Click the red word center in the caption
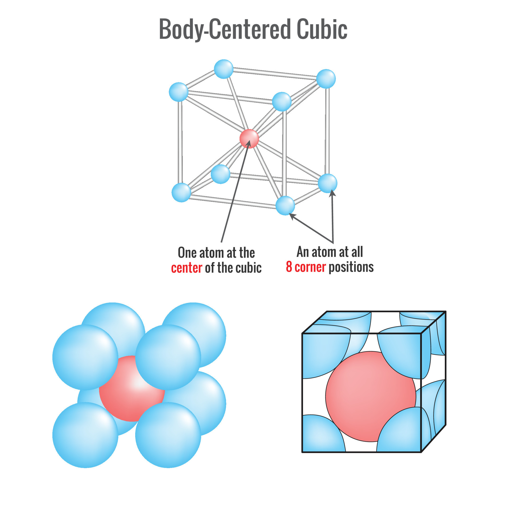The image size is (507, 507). click(187, 268)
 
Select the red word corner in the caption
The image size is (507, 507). click(310, 267)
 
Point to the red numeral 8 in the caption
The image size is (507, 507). click(289, 267)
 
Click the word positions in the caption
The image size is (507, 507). click(351, 267)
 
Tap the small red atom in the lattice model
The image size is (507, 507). click(249, 139)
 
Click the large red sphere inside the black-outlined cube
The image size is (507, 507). click(370, 396)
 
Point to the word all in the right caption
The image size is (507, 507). click(357, 252)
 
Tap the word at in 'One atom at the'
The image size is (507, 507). click(232, 253)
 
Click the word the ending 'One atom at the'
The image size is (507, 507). click(247, 253)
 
